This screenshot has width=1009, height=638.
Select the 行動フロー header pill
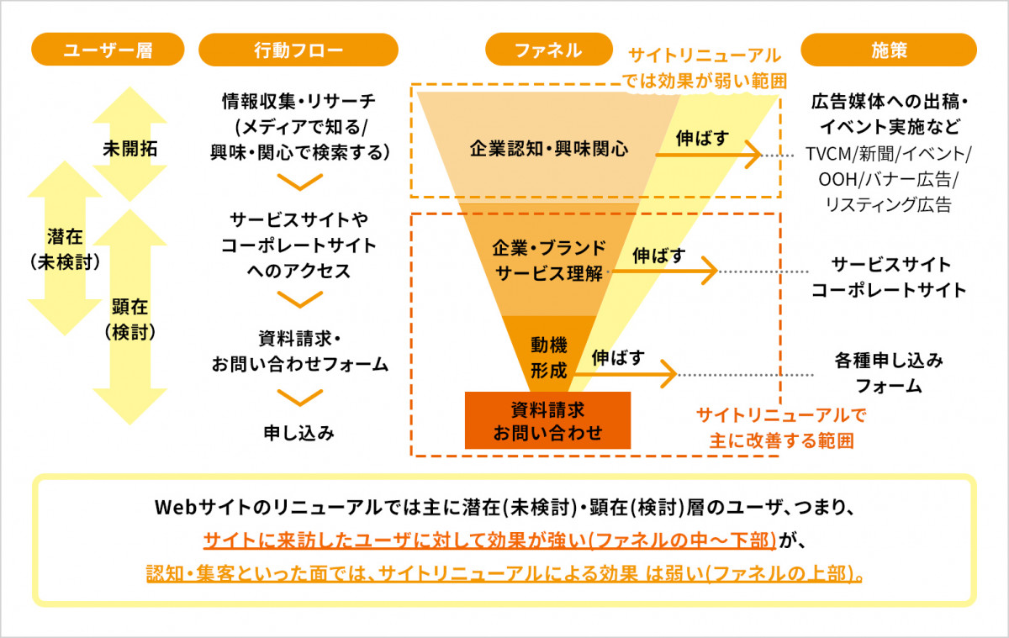pos(298,50)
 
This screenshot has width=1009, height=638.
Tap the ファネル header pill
pos(547,50)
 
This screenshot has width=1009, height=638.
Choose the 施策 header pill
pos(888,50)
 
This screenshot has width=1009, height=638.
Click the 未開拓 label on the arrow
pos(129,149)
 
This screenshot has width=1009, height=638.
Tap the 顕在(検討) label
pos(130,319)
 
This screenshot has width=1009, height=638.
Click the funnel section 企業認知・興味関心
pos(548,150)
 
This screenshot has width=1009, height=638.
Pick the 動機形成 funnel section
pos(548,356)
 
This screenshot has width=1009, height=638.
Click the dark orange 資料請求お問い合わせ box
pos(547,420)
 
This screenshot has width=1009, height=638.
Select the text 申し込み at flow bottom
pos(298,433)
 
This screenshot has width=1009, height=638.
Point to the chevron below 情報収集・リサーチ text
pos(299,182)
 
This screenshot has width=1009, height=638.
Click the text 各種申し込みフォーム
pos(888,373)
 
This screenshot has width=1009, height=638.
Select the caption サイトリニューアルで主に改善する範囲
pos(781,427)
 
